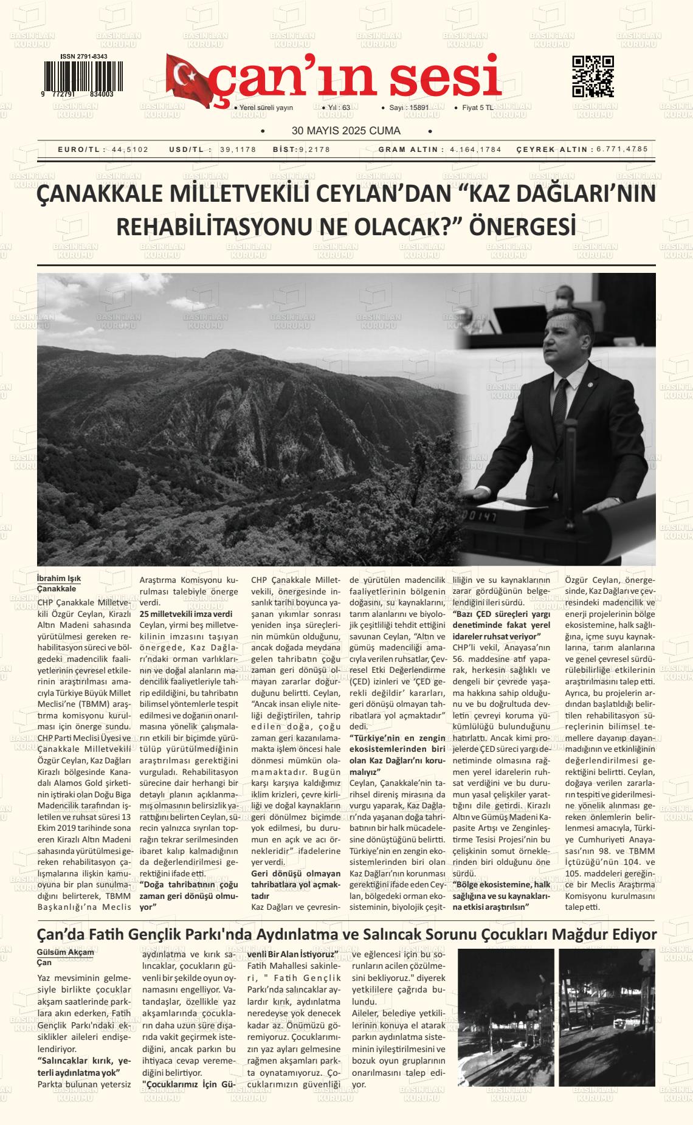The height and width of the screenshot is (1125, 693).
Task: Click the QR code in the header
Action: coord(593,77)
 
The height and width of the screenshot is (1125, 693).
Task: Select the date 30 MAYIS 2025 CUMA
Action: coord(346,131)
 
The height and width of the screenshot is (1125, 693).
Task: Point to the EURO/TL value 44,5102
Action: coord(130,150)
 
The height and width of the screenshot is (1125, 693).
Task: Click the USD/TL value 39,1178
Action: coord(238,150)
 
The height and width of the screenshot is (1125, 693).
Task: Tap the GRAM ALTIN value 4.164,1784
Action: coord(475,150)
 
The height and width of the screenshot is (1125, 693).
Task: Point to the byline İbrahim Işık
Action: coord(59,578)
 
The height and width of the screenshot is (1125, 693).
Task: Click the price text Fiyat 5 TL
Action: coord(478,108)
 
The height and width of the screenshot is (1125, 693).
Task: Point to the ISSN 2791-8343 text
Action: coord(84,57)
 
